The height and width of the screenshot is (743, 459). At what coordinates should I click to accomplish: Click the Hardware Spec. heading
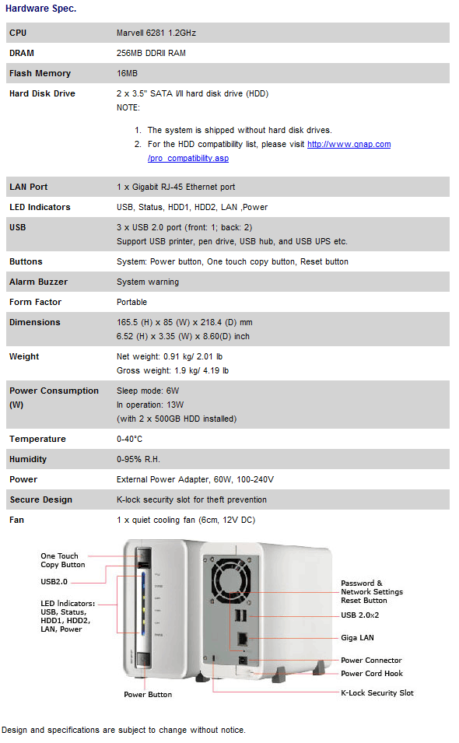point(41,9)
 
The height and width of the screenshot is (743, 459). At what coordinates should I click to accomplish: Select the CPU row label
point(18,33)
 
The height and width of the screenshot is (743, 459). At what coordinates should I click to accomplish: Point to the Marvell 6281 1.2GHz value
point(156,33)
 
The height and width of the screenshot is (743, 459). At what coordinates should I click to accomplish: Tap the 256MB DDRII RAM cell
point(151,53)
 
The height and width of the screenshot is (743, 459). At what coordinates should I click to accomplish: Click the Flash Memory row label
point(40,73)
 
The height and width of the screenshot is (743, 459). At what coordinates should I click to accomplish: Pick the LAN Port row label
point(29,187)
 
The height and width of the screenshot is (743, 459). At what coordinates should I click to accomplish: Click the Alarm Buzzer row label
point(38,282)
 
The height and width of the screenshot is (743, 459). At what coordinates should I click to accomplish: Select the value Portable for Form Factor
point(131,302)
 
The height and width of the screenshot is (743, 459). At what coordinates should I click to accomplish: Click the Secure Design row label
point(40,499)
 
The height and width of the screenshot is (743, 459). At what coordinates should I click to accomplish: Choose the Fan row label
point(16,520)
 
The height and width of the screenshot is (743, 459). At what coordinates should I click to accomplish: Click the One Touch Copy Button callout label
point(62,560)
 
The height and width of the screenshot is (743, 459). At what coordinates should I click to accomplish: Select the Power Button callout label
point(148,694)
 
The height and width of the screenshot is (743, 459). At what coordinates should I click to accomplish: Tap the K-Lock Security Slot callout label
point(377,692)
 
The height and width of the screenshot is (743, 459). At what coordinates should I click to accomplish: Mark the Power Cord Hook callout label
point(372,674)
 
